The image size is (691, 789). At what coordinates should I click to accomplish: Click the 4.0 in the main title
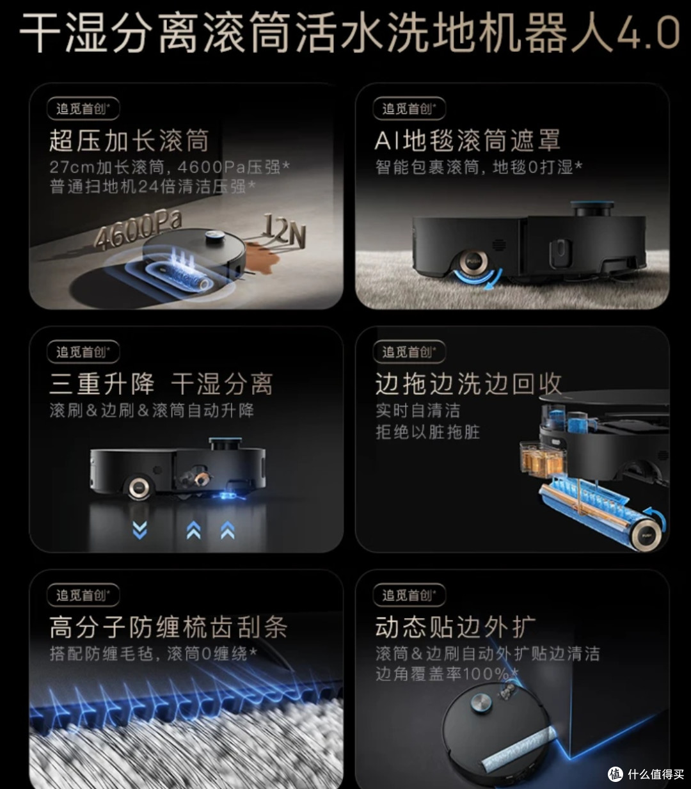coord(647,33)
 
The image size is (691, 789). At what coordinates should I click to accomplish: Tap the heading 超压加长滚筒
coord(129,140)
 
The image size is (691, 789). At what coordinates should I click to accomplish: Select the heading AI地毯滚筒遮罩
coord(467,140)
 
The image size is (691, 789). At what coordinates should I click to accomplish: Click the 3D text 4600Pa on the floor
coord(138,230)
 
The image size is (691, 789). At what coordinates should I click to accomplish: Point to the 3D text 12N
coord(285,230)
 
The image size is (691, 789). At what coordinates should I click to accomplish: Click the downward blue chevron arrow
coord(139,530)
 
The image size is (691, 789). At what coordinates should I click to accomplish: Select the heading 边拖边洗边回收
coord(468,384)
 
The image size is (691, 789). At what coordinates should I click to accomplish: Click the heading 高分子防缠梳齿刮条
coord(168,627)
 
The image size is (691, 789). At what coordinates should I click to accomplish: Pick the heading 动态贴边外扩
coord(456,627)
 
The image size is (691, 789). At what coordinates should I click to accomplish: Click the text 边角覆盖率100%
coord(447,674)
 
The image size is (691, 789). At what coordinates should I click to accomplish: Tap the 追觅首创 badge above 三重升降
coord(83,352)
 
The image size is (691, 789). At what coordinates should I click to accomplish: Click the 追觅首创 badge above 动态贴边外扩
coord(409,595)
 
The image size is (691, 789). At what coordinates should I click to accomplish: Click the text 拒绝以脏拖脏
coord(427,433)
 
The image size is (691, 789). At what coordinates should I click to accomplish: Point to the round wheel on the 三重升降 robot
coord(139,488)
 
